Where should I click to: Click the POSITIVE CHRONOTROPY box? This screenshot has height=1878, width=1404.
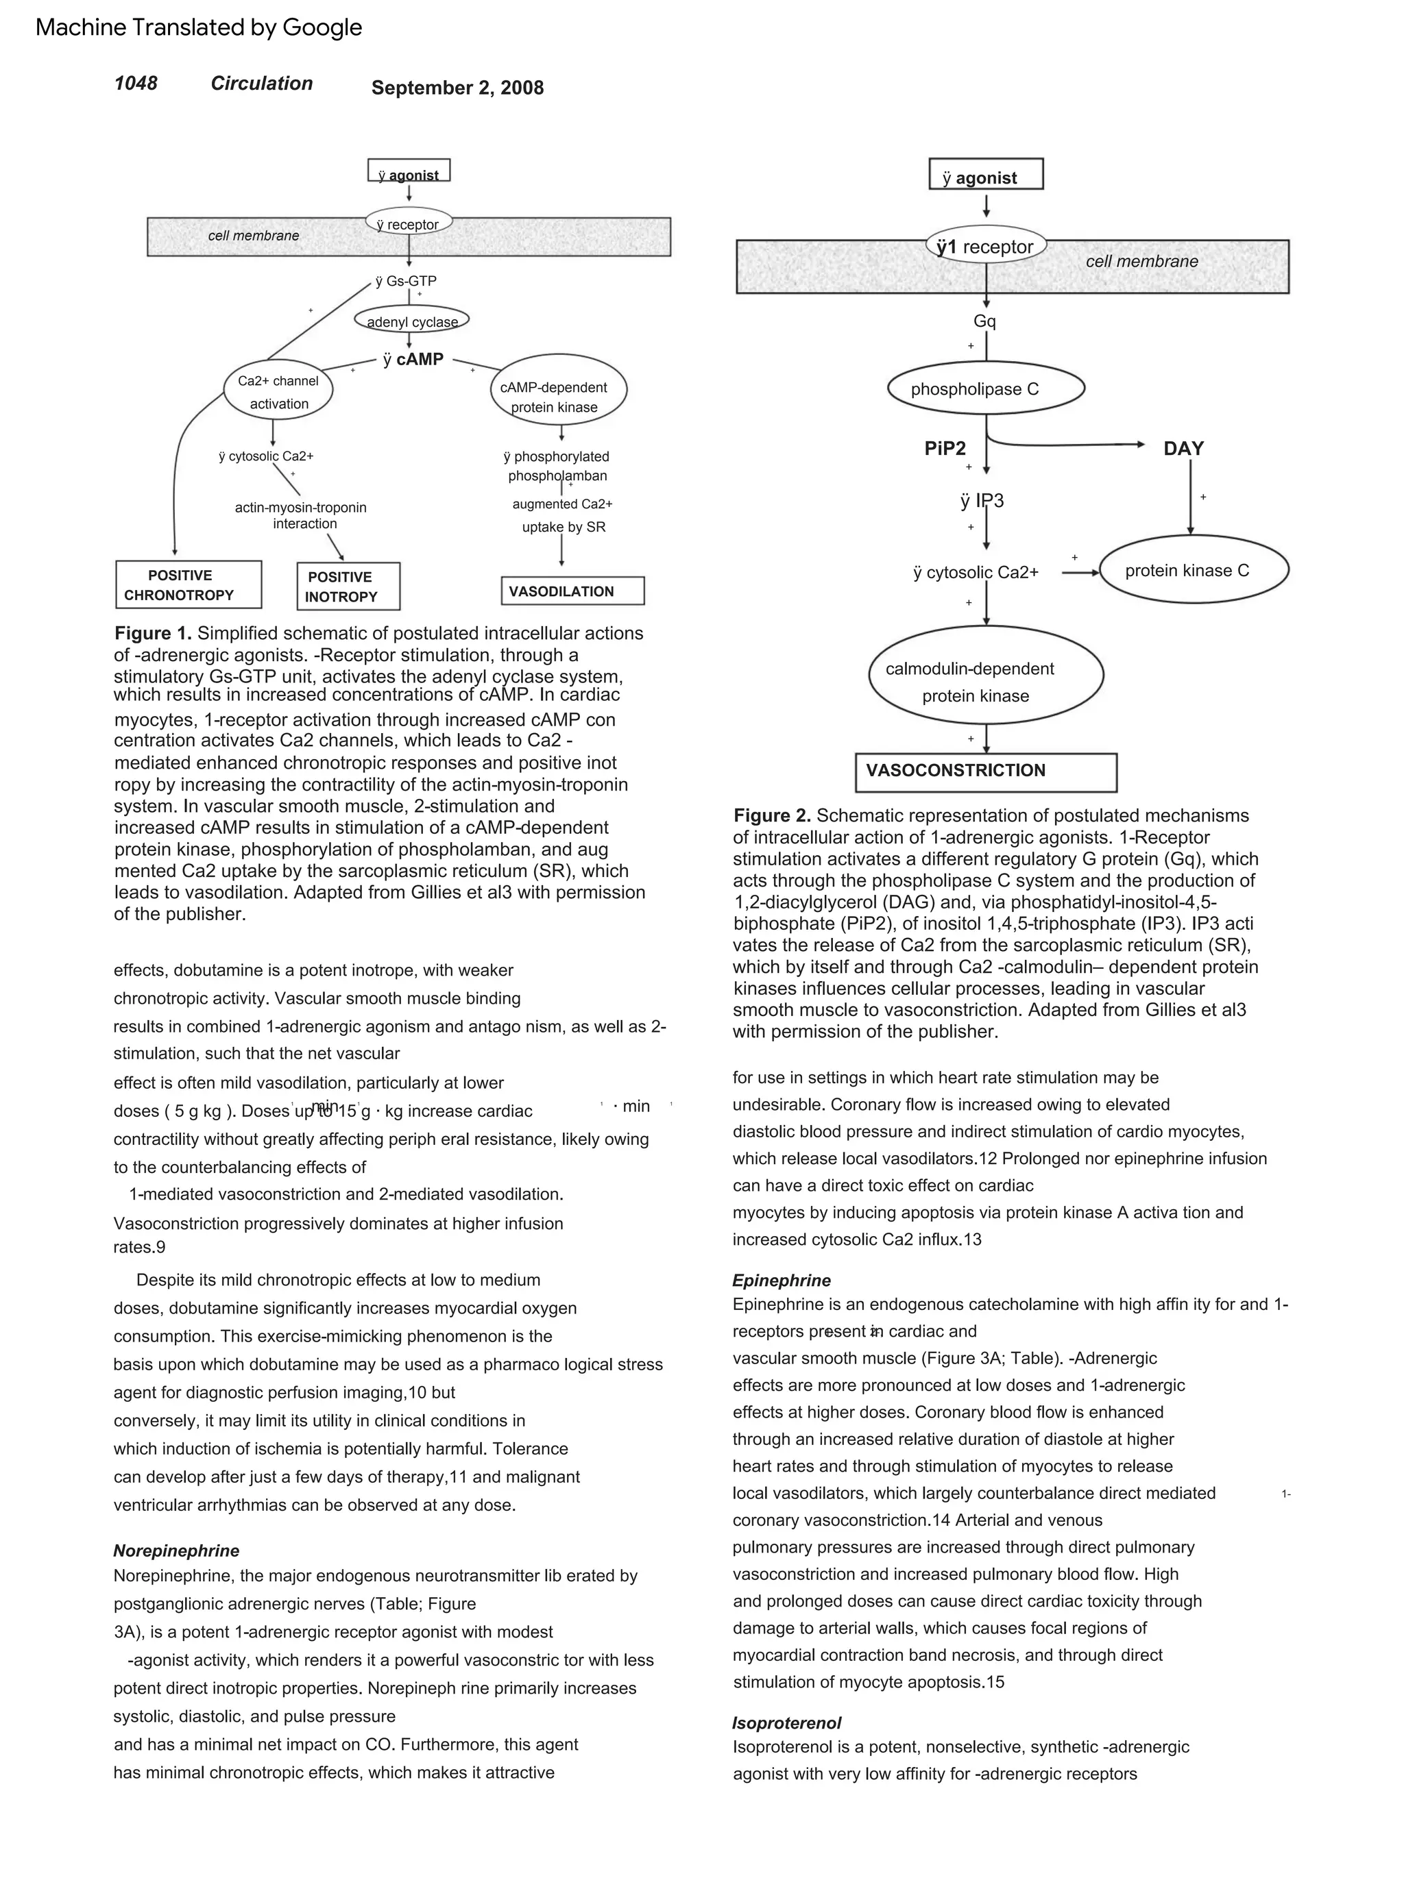point(188,584)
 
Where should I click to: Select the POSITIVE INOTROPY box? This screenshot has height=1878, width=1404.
point(348,586)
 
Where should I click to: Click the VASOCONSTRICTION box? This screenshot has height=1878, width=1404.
point(985,771)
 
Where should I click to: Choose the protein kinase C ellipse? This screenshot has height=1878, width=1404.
point(1194,569)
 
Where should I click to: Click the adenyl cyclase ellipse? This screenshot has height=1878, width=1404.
point(412,320)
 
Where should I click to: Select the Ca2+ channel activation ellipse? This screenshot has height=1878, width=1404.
point(278,391)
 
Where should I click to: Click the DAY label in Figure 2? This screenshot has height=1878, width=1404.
point(1183,448)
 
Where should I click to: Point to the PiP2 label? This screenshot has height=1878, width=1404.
point(945,448)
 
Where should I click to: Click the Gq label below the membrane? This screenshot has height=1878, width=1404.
point(984,321)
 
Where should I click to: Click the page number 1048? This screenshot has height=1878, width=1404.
point(135,83)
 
